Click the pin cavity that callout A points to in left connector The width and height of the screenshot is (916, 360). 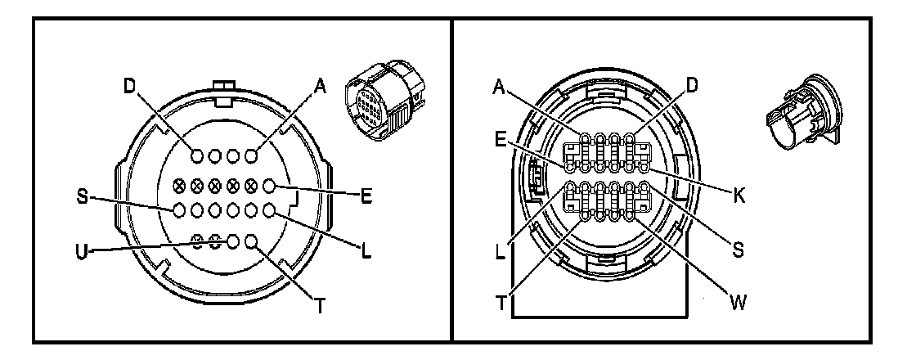point(251,154)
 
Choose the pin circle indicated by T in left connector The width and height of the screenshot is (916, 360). point(251,241)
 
